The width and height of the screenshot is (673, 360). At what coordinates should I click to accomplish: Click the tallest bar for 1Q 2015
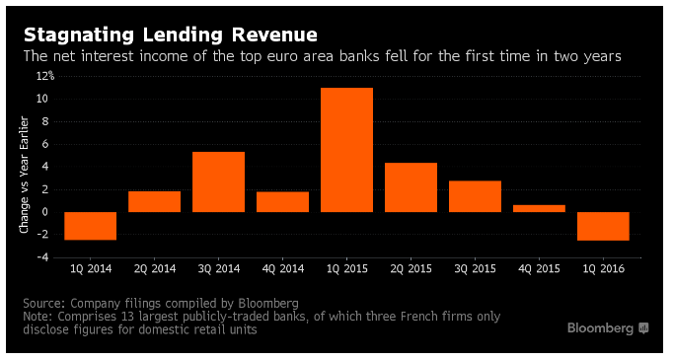pyautogui.click(x=346, y=150)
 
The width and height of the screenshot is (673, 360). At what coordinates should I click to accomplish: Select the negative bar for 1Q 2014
pyautogui.click(x=90, y=226)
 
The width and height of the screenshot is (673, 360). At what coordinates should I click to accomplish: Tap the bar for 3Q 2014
pyautogui.click(x=218, y=181)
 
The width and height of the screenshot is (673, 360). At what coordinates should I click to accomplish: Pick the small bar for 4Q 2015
pyautogui.click(x=539, y=208)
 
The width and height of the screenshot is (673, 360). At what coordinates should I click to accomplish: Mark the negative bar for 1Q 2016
pyautogui.click(x=603, y=226)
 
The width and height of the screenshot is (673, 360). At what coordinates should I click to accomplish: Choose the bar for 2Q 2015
pyautogui.click(x=411, y=187)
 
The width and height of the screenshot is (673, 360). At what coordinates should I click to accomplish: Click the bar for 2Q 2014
pyautogui.click(x=155, y=201)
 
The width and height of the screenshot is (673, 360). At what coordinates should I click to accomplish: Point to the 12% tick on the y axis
pyautogui.click(x=45, y=76)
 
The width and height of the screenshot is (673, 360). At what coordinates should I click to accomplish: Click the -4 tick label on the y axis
pyautogui.click(x=43, y=257)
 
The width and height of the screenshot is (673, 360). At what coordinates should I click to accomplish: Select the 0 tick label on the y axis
pyautogui.click(x=45, y=212)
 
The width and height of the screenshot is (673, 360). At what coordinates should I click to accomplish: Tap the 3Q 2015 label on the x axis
pyautogui.click(x=475, y=269)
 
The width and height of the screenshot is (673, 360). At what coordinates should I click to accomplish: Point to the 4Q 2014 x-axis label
pyautogui.click(x=283, y=269)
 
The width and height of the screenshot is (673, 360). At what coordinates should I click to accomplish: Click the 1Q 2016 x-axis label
pyautogui.click(x=603, y=269)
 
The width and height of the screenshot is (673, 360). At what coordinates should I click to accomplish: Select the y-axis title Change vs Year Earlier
pyautogui.click(x=24, y=175)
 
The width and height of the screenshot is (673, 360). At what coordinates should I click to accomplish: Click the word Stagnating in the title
pyautogui.click(x=79, y=36)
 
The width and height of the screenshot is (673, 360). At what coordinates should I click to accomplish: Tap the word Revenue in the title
pyautogui.click(x=274, y=35)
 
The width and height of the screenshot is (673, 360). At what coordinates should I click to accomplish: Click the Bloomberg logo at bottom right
pyautogui.click(x=608, y=328)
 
